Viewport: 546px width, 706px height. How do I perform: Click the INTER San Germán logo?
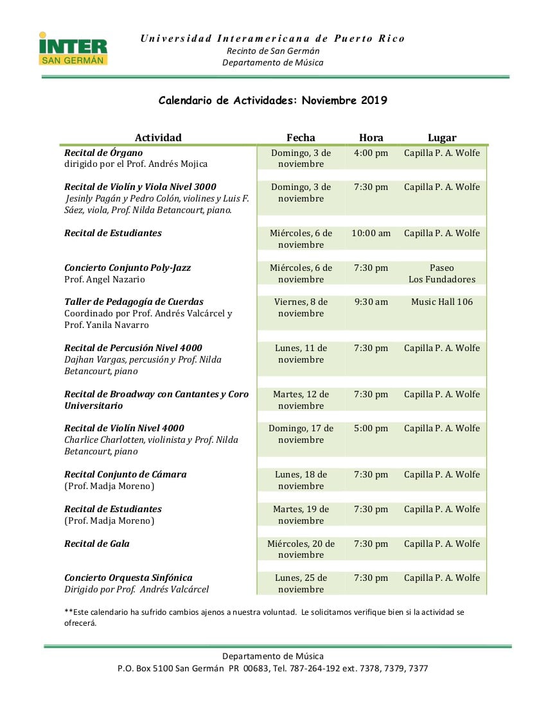pos(73,49)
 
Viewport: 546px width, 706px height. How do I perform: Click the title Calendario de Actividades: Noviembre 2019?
pos(273,100)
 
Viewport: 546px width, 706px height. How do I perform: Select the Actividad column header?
pos(158,137)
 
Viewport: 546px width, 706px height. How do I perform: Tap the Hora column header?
pos(371,137)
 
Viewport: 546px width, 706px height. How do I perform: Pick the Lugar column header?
pos(442,137)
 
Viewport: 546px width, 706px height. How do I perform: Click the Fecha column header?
pos(301,137)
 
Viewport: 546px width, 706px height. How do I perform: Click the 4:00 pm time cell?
pos(371,153)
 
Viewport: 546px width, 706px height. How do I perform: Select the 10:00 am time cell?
pos(371,233)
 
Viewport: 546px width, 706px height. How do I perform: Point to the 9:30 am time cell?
pos(371,302)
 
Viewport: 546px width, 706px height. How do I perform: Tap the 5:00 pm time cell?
pos(371,428)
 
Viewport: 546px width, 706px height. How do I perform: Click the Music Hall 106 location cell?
pos(442,302)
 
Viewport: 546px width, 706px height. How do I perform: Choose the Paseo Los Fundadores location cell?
pos(442,273)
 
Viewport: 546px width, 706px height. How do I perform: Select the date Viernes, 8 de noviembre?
pos(301,307)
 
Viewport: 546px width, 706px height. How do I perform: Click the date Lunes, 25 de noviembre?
pos(301,583)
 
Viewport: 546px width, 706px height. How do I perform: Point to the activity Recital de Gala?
pos(97,544)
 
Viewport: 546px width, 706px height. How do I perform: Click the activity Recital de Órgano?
pos(103,153)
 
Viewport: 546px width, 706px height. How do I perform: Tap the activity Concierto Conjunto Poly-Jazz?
pos(127,268)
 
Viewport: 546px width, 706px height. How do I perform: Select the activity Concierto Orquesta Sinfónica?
pos(128,578)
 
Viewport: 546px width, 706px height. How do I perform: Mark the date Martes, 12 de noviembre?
pos(301,400)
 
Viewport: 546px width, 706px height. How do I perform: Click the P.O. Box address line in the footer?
pos(273,668)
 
